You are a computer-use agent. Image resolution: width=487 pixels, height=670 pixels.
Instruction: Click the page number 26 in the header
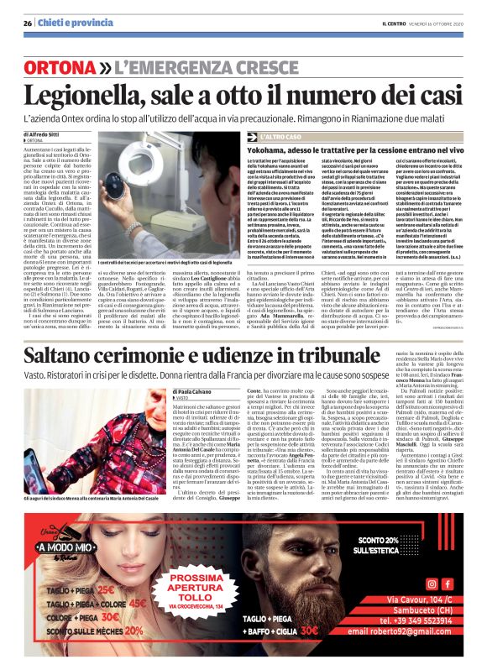(x=27, y=24)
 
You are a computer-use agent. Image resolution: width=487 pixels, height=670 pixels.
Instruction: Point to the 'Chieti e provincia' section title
(x=67, y=24)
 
